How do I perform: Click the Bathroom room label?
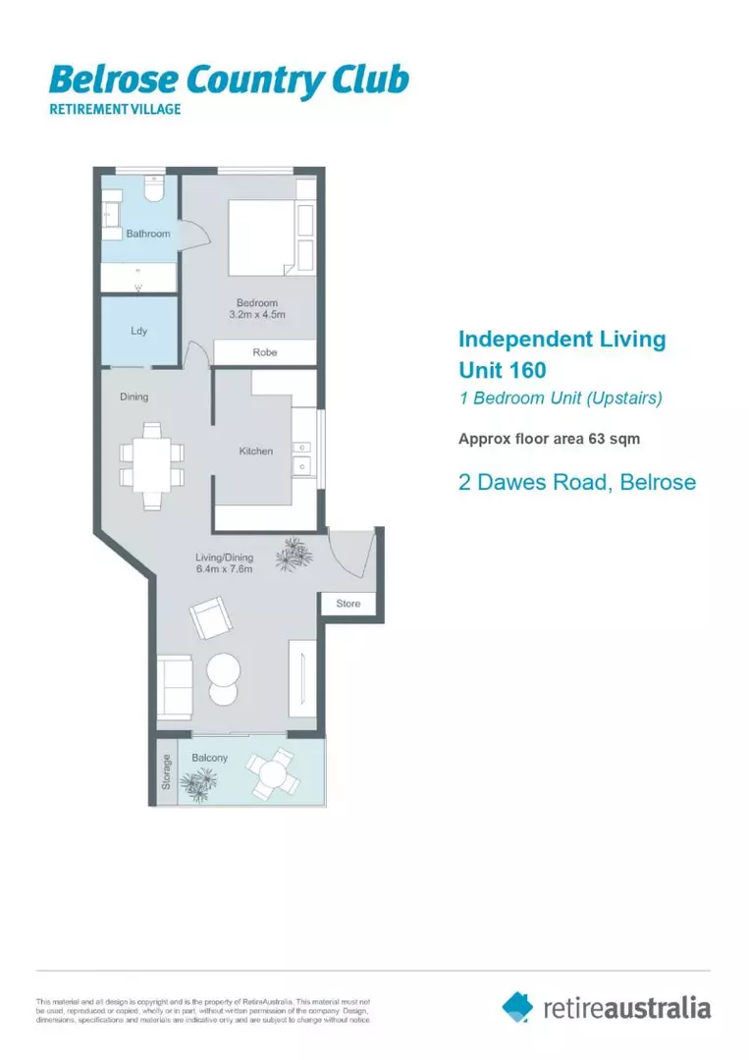pyautogui.click(x=147, y=234)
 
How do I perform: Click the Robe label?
pyautogui.click(x=265, y=352)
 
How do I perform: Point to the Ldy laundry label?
pyautogui.click(x=139, y=331)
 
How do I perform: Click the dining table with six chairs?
pyautogui.click(x=151, y=465)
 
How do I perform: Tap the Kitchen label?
pyautogui.click(x=256, y=451)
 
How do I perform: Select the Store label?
pyautogui.click(x=348, y=604)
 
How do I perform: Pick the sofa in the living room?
pyautogui.click(x=176, y=686)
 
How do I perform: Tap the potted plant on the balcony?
pyautogui.click(x=203, y=782)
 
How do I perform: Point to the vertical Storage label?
pyautogui.click(x=167, y=771)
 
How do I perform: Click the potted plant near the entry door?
pyautogui.click(x=293, y=556)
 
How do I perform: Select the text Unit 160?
pyautogui.click(x=503, y=370)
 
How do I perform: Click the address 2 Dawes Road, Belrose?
pyautogui.click(x=577, y=482)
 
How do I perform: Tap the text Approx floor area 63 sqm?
pyautogui.click(x=549, y=439)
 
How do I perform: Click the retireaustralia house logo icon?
pyautogui.click(x=517, y=1006)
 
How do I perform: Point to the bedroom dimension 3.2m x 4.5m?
pyautogui.click(x=256, y=315)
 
